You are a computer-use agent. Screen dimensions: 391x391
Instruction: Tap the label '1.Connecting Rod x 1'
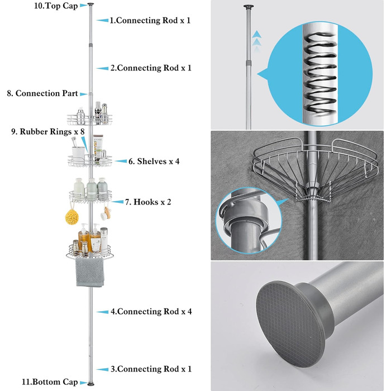click(150, 20)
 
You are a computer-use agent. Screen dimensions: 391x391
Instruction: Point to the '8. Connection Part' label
click(42, 93)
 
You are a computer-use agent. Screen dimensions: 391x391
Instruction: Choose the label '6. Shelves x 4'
click(154, 161)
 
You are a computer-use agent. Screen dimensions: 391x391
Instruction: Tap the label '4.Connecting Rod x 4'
click(154, 312)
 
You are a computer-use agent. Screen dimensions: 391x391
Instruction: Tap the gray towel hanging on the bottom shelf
click(89, 274)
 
